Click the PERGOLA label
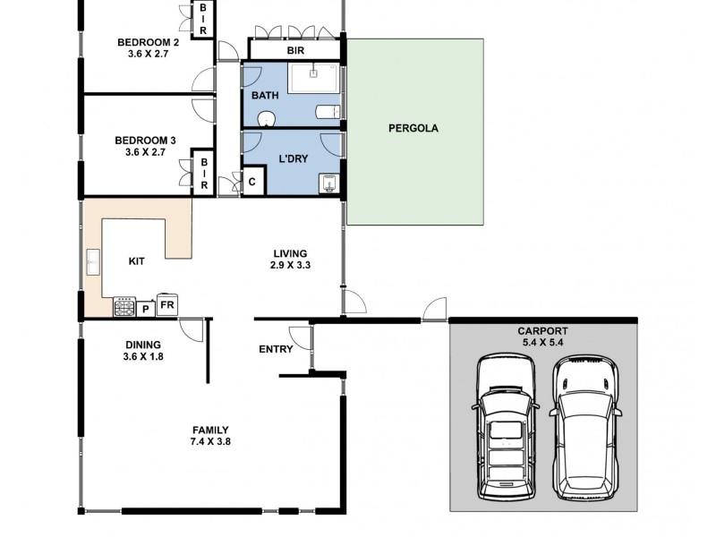413,128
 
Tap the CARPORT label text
542,331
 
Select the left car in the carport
506,427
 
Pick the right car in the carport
585,427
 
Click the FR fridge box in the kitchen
167,304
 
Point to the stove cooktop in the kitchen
124,306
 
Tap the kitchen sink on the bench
93,262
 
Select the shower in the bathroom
314,78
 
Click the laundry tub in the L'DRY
328,184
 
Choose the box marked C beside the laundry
252,182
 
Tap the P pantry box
146,309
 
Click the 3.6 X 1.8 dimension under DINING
143,356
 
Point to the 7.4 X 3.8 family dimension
210,441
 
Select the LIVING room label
290,253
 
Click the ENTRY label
276,349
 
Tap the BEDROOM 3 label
145,141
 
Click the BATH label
265,96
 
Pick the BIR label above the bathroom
295,50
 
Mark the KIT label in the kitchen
137,261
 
